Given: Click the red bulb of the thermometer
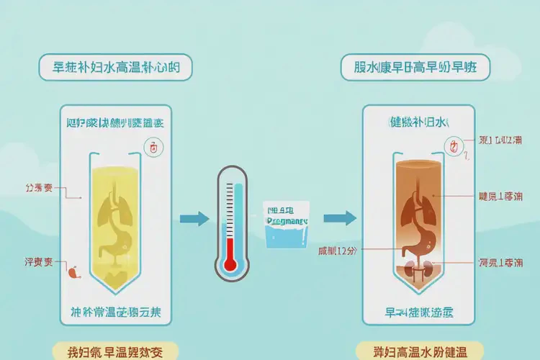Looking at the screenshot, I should click(230, 264).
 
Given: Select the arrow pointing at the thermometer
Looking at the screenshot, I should click(194, 218).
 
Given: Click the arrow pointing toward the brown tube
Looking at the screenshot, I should click(339, 218).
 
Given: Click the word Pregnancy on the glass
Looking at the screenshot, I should click(287, 222).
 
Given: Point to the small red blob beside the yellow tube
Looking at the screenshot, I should click(71, 272).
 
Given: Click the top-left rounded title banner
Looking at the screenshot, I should click(117, 70).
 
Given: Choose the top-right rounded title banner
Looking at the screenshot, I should click(417, 70).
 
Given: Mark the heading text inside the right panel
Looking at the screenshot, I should click(418, 122).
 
